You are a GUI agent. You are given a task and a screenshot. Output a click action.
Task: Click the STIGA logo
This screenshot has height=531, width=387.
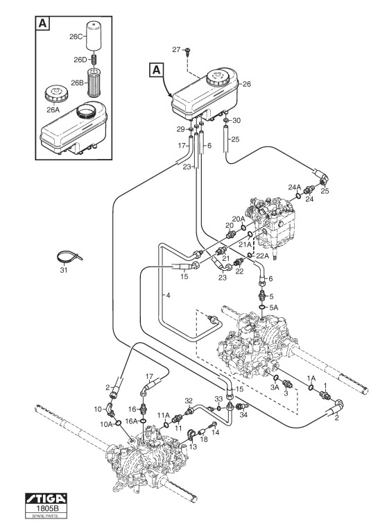pyautogui.click(x=46, y=498)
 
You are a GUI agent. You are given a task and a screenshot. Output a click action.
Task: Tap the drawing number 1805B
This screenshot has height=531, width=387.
pyautogui.click(x=46, y=508)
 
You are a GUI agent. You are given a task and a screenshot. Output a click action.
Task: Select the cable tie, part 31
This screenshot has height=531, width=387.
pyautogui.click(x=69, y=257)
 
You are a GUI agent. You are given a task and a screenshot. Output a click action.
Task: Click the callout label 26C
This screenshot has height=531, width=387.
pyautogui.click(x=76, y=37)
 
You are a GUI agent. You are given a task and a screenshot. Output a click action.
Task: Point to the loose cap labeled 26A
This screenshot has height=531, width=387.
pyautogui.click(x=56, y=94)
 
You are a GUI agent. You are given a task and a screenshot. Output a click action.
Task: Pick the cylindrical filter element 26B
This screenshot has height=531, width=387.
pyautogui.click(x=95, y=83)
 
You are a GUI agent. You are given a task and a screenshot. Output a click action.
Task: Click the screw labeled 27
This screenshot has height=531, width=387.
pyautogui.click(x=187, y=51)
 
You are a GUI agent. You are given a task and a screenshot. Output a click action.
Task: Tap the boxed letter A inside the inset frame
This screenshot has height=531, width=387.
pyautogui.click(x=42, y=24)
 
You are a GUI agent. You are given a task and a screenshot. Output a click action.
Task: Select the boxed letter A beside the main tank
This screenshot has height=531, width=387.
pyautogui.click(x=156, y=70)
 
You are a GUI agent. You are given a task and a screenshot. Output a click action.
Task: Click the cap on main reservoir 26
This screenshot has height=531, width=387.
pyautogui.click(x=218, y=78)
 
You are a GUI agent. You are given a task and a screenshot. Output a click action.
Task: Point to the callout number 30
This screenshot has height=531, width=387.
pyautogui.click(x=237, y=120)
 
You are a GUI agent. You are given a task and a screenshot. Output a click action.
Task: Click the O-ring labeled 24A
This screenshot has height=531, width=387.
pyautogui.click(x=298, y=196)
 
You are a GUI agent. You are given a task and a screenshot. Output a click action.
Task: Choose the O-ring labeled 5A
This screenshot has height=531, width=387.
pyautogui.click(x=263, y=307)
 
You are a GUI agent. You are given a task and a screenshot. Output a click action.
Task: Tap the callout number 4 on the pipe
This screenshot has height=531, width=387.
pyautogui.click(x=168, y=295)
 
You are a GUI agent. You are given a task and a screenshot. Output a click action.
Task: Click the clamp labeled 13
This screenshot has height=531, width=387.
pyautogui.click(x=191, y=435)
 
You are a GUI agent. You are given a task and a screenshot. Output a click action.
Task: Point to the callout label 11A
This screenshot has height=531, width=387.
pyautogui.click(x=164, y=415)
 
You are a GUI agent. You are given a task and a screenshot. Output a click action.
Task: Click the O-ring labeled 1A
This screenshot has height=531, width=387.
pyautogui.click(x=311, y=387)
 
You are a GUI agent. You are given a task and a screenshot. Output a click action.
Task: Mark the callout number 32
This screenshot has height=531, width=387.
pyautogui.click(x=189, y=401)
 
